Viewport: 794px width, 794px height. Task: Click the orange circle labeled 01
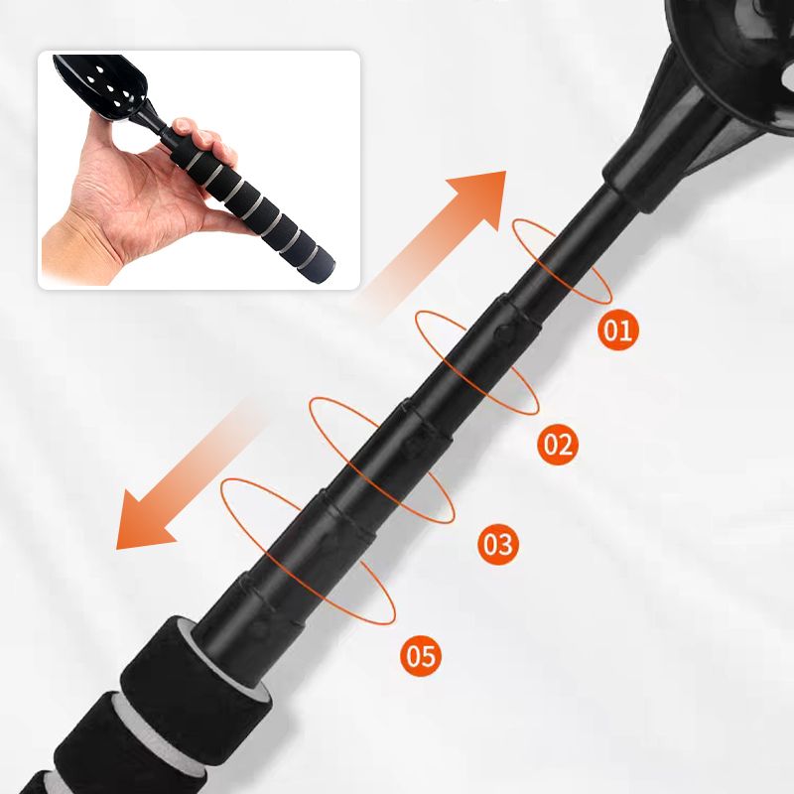[x=618, y=330]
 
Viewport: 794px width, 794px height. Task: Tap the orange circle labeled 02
[x=558, y=444]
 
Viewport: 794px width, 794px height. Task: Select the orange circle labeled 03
[x=498, y=544]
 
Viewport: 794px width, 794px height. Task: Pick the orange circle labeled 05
[x=421, y=656]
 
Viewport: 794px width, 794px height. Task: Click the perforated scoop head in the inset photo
[x=101, y=85]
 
